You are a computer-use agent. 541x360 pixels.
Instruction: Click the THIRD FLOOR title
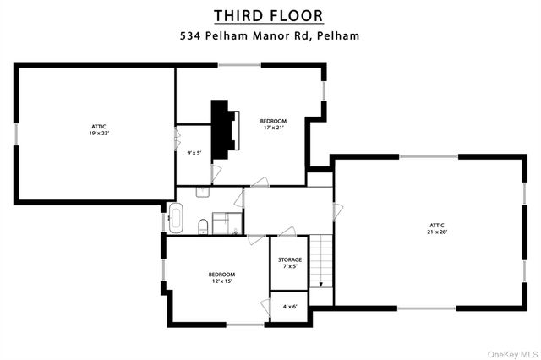268,16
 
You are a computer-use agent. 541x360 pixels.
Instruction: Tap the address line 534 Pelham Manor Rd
237,36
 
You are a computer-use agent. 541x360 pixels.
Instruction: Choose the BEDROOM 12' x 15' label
221,277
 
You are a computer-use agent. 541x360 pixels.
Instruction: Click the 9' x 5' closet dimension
194,153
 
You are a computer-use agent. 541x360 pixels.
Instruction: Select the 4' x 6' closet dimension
290,306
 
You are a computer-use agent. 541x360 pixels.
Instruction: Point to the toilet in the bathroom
204,226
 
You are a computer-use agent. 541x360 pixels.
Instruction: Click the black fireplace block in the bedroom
221,128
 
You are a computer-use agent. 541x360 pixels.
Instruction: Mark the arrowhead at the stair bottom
322,286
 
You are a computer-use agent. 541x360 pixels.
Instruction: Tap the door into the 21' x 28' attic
337,212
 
